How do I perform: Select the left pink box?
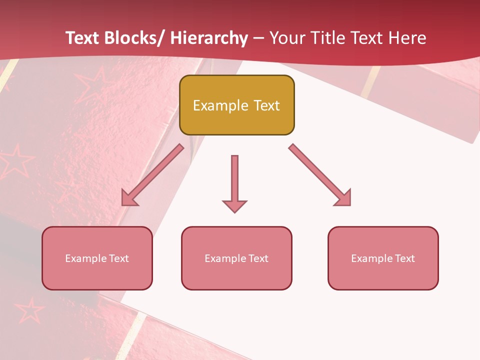coord(97,258)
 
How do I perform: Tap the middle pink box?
coord(236,258)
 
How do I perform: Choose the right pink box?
coord(383,258)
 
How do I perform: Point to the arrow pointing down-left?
coord(152,175)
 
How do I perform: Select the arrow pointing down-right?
coord(320,175)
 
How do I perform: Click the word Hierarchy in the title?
coord(209,38)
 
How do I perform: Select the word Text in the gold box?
coord(266,105)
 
